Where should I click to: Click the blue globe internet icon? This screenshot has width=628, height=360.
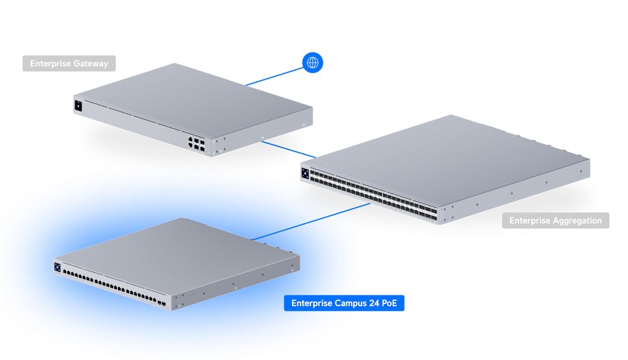313,62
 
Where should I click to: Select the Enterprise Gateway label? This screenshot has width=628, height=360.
69,63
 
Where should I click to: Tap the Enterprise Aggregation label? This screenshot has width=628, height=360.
555,221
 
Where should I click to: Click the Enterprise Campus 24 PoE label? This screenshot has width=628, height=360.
344,304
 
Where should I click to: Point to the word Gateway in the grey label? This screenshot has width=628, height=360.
90,63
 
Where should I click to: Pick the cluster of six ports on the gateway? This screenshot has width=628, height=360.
195,143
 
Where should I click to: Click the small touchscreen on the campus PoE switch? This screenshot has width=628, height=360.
57,267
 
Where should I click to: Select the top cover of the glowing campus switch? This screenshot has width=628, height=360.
176,248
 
